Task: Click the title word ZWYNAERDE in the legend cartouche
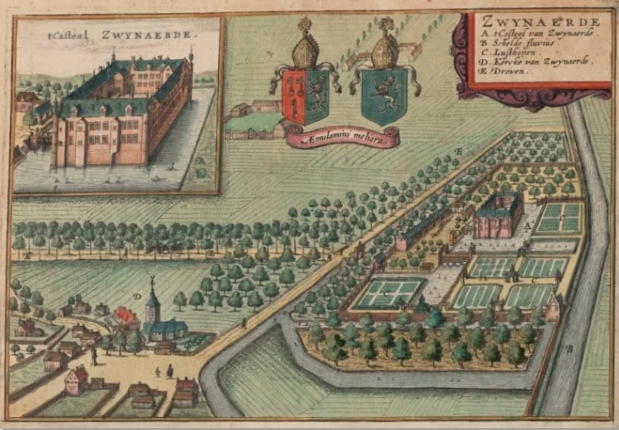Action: pyautogui.click(x=537, y=21)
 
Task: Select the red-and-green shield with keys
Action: pyautogui.click(x=304, y=96)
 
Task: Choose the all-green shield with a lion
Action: pyautogui.click(x=384, y=95)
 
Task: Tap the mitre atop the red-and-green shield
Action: pyautogui.click(x=305, y=50)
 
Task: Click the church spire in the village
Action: pyautogui.click(x=151, y=291)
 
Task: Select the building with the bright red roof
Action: pyautogui.click(x=125, y=315)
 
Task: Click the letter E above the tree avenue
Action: pyautogui.click(x=457, y=151)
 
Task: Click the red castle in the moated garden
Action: pyautogui.click(x=496, y=216)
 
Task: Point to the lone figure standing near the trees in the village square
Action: pyautogui.click(x=94, y=356)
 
